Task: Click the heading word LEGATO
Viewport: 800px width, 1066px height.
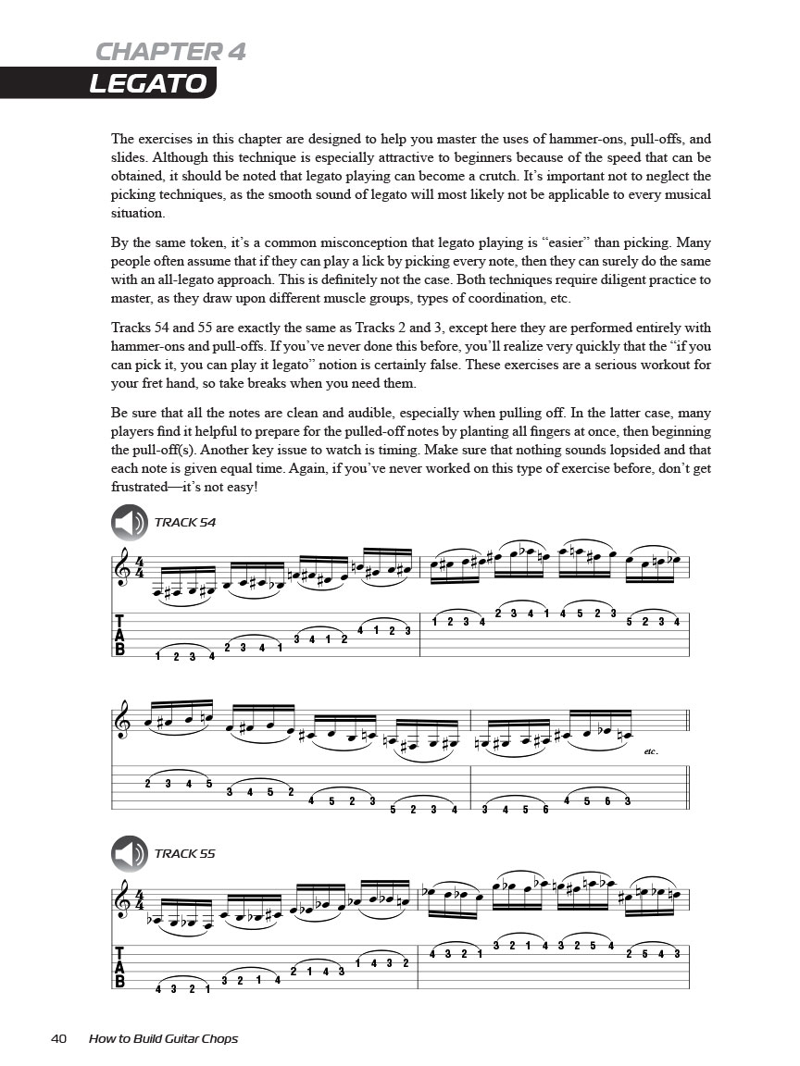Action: pos(147,83)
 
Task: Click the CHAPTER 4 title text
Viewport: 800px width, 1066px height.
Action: pos(171,51)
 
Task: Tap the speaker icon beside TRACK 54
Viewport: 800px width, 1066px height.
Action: pos(130,523)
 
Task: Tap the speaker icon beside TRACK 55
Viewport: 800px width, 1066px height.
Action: pos(130,854)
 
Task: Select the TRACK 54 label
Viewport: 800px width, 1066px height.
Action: pos(184,523)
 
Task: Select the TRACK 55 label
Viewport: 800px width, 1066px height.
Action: pos(184,854)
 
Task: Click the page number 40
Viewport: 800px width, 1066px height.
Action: pos(58,1038)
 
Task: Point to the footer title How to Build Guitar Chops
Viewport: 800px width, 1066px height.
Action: pos(163,1038)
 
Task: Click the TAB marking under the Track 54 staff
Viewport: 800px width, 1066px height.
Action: pos(119,635)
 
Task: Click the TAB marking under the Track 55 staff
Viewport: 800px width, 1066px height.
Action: pos(119,966)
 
